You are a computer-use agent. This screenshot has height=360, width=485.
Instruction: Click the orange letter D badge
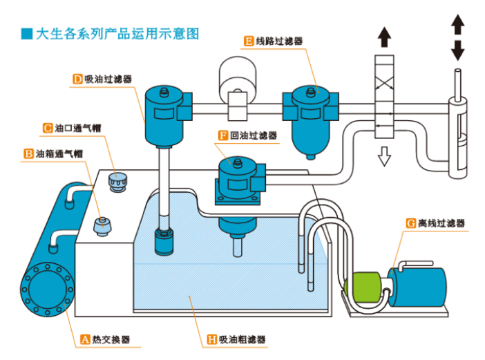pos(77,79)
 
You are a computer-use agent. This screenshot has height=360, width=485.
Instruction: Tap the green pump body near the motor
pos(367,287)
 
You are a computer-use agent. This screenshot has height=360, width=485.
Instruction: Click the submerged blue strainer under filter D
pos(164,242)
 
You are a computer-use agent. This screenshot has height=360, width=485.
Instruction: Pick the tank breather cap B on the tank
pos(103,225)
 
